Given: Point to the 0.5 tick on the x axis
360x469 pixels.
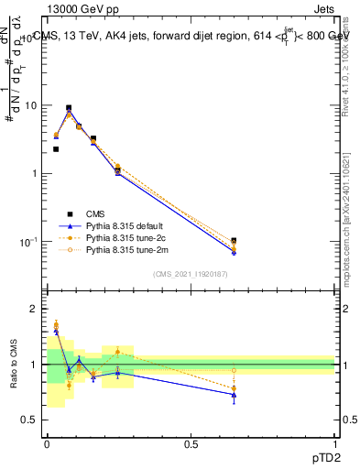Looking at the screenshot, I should click(191, 443).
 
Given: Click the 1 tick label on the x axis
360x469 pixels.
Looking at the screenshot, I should click(335, 443).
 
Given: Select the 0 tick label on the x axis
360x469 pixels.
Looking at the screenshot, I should click(47, 443).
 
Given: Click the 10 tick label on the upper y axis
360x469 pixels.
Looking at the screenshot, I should click(30, 105).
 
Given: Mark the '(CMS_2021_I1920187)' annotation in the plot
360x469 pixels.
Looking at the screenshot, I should click(191, 274).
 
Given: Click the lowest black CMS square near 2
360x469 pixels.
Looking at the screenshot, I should click(56, 149).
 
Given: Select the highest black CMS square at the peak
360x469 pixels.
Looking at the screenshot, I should click(69, 108).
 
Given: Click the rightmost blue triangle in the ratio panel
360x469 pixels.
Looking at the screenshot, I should click(234, 395).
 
